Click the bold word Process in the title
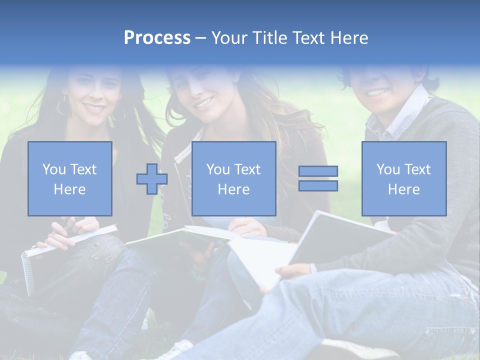point(157,38)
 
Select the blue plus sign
point(152,178)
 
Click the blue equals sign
point(318,178)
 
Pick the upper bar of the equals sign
point(318,171)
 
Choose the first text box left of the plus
point(70,178)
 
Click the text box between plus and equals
point(234,178)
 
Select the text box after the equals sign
point(404,178)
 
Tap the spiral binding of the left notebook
point(26,272)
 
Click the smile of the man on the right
point(378,92)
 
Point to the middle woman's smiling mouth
point(204,103)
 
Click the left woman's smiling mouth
point(94,107)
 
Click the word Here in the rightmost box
point(404,189)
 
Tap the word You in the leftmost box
point(53,169)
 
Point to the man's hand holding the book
point(292,272)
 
